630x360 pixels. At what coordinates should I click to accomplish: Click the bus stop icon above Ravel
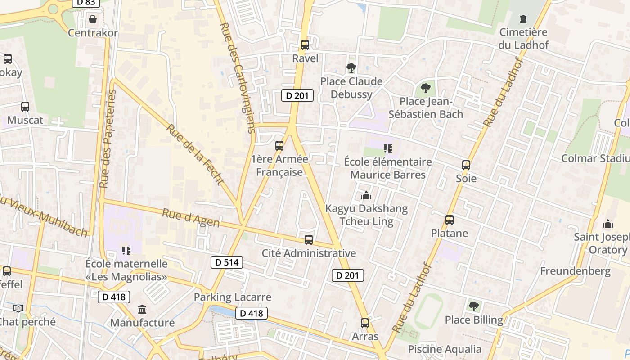tap(305, 45)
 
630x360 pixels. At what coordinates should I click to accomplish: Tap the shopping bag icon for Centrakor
tap(93, 19)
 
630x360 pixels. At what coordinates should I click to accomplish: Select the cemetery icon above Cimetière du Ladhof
tap(523, 19)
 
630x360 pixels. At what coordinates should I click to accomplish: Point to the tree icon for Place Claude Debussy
tap(351, 68)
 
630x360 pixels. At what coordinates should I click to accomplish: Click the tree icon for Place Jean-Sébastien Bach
tap(425, 88)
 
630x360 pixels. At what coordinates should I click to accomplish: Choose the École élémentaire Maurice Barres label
tap(387, 168)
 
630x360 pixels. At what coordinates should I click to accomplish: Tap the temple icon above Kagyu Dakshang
tap(366, 195)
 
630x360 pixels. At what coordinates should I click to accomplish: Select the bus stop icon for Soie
tap(466, 165)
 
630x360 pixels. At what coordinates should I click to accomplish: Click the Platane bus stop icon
tap(449, 220)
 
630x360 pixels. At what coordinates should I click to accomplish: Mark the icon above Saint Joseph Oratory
tap(608, 224)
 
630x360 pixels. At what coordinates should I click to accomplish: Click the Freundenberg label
tap(575, 271)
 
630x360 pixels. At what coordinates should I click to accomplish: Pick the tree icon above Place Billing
tap(473, 306)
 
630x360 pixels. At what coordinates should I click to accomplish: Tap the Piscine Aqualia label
tap(445, 349)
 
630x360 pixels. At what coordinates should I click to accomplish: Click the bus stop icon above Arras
tap(365, 323)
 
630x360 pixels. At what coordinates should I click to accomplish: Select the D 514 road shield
tap(227, 262)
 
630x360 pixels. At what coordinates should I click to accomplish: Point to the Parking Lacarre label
tap(233, 297)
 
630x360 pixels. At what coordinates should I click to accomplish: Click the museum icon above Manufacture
tap(143, 309)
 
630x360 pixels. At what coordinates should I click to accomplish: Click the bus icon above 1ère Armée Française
tap(279, 146)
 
